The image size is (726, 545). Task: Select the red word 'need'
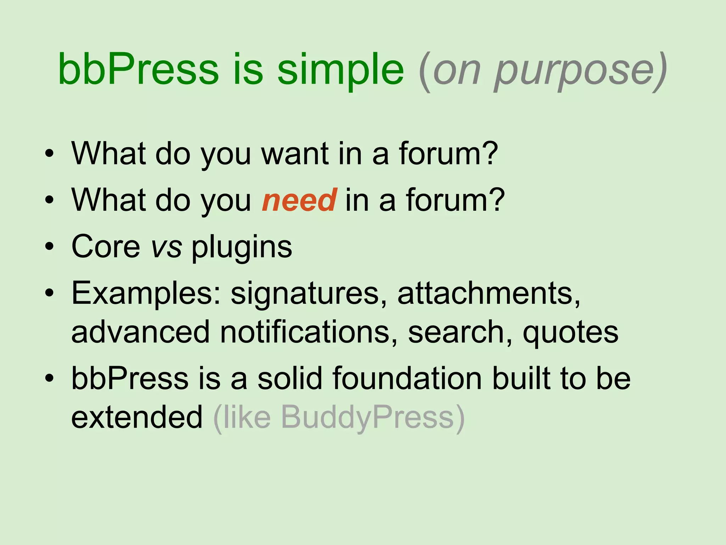pyautogui.click(x=299, y=200)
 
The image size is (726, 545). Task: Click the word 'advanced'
pyautogui.click(x=140, y=332)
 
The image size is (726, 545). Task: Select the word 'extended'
pyautogui.click(x=137, y=417)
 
